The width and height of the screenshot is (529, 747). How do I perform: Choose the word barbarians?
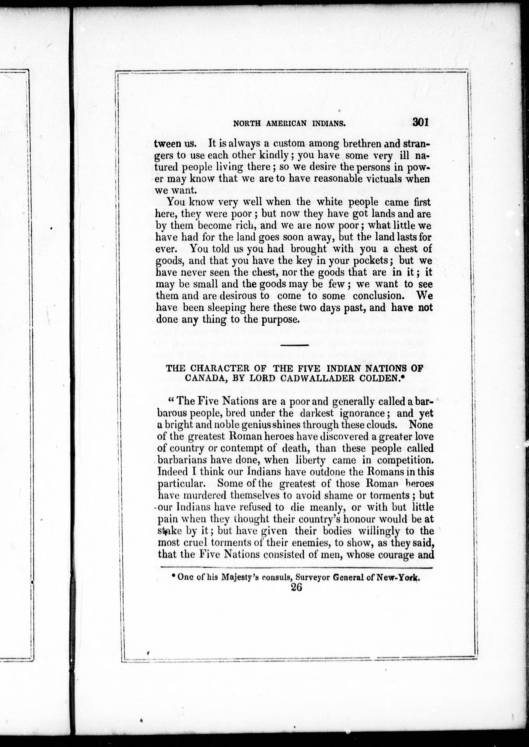(183, 460)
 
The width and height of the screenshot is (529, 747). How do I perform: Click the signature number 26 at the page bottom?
(296, 587)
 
